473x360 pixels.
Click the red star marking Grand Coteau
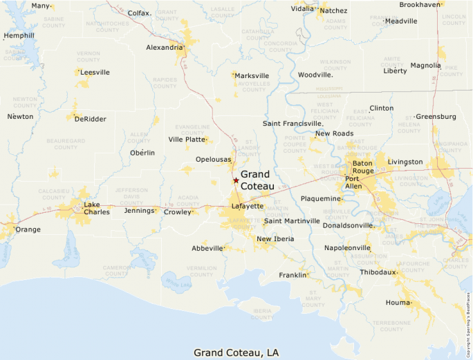tap(236, 180)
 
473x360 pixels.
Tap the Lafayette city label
tap(247, 206)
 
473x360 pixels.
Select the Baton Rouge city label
tap(362, 167)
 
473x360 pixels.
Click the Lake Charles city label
tap(96, 208)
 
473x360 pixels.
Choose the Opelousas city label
tap(213, 159)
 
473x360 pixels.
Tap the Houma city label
tap(398, 303)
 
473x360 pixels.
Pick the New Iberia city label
tap(275, 239)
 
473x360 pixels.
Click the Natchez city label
tap(333, 10)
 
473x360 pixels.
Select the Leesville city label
tap(95, 72)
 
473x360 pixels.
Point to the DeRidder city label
tap(91, 119)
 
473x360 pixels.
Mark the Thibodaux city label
tap(378, 272)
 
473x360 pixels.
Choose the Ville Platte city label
tap(187, 139)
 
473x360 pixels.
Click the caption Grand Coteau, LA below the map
tap(236, 352)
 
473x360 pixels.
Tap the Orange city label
tap(28, 229)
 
